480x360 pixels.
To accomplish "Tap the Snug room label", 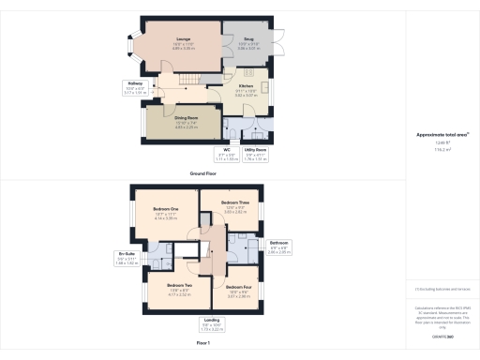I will point(247,44).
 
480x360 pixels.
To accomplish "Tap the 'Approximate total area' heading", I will point(442,136).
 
